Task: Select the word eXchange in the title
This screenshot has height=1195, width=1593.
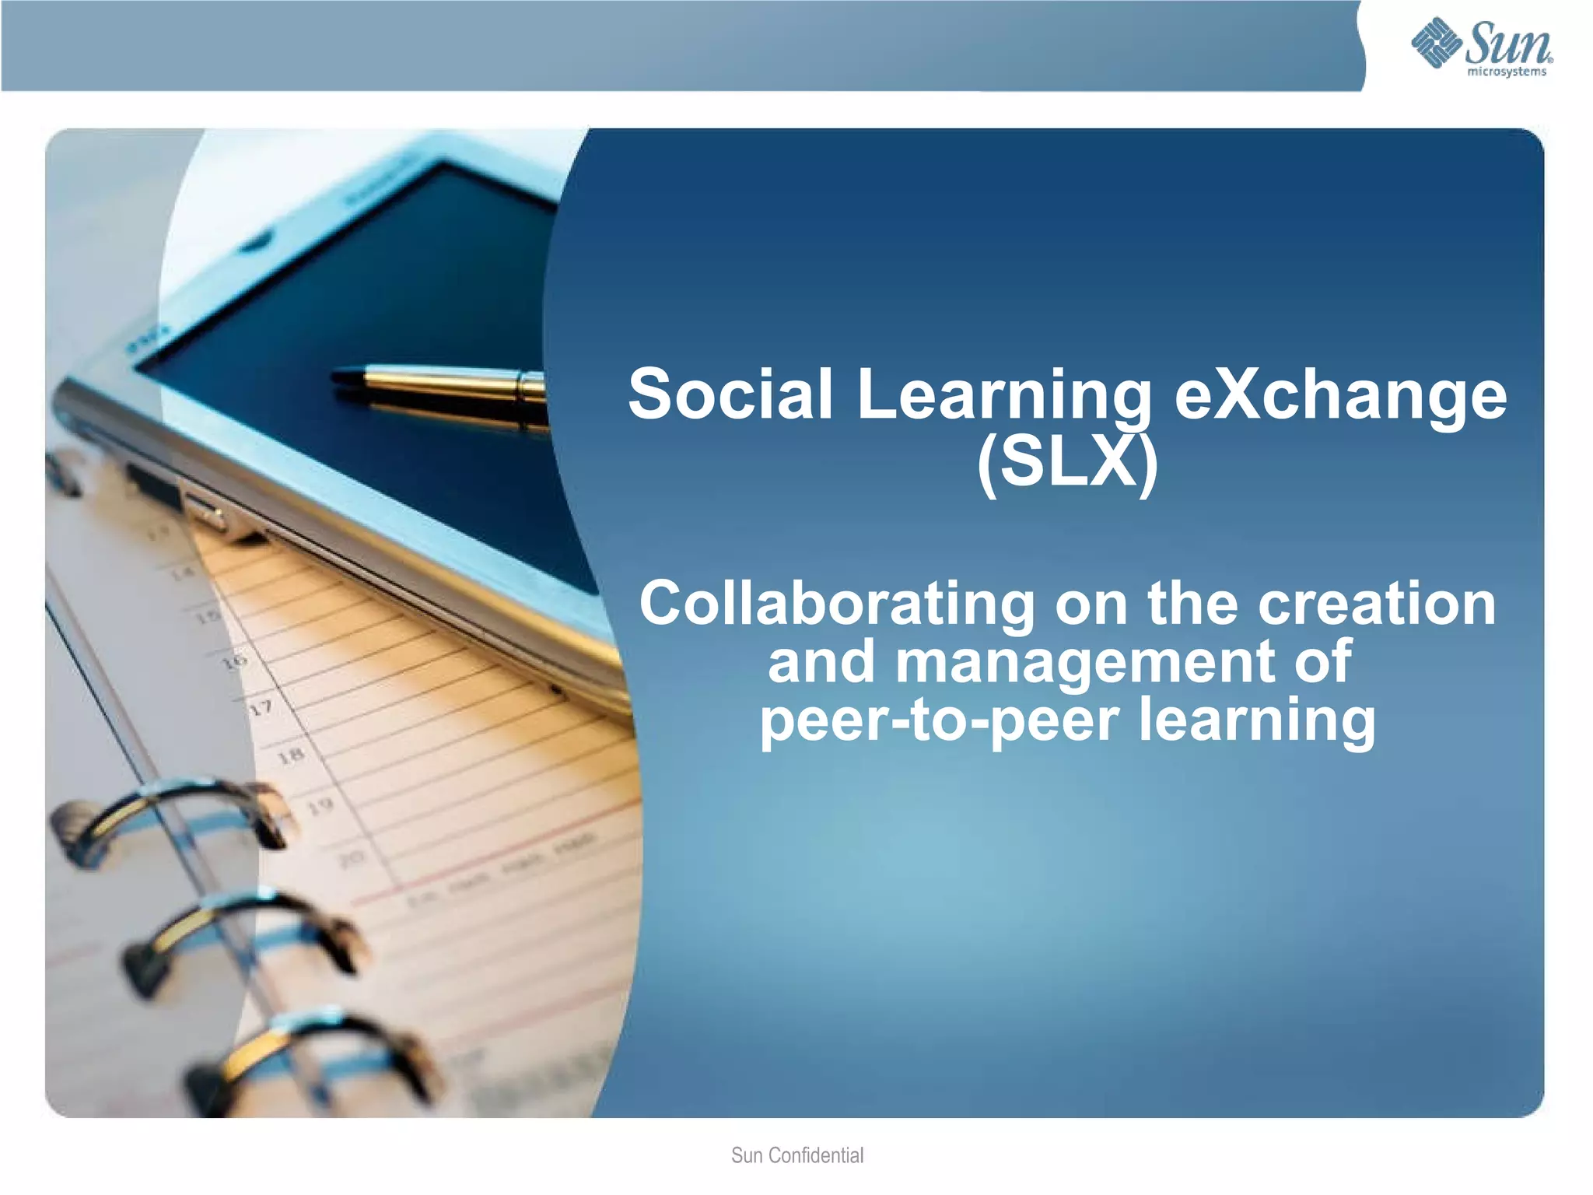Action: (1339, 394)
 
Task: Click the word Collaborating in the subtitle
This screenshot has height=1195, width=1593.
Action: (836, 605)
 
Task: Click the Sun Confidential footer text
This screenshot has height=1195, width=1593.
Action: (796, 1155)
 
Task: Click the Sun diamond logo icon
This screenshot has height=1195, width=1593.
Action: (1436, 42)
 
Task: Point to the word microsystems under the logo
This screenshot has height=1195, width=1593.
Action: (1506, 72)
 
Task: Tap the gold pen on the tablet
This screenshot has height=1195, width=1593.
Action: (443, 393)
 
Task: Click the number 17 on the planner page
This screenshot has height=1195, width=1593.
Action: (261, 709)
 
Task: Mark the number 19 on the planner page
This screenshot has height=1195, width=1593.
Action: (320, 806)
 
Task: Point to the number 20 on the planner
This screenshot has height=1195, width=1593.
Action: (352, 859)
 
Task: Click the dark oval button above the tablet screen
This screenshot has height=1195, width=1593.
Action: (256, 242)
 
